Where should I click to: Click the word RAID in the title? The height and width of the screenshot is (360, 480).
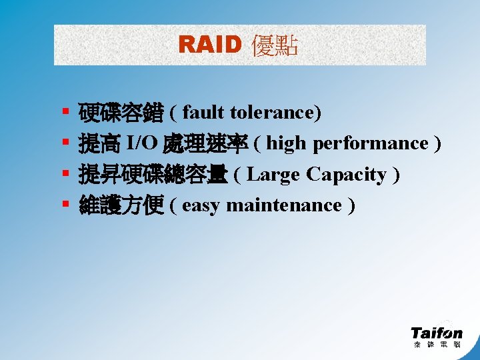209,45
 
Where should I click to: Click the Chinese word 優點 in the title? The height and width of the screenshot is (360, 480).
274,45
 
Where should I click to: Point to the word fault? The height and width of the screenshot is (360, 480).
199,113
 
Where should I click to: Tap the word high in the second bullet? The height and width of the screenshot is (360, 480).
287,144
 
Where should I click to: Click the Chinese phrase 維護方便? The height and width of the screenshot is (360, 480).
120,205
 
